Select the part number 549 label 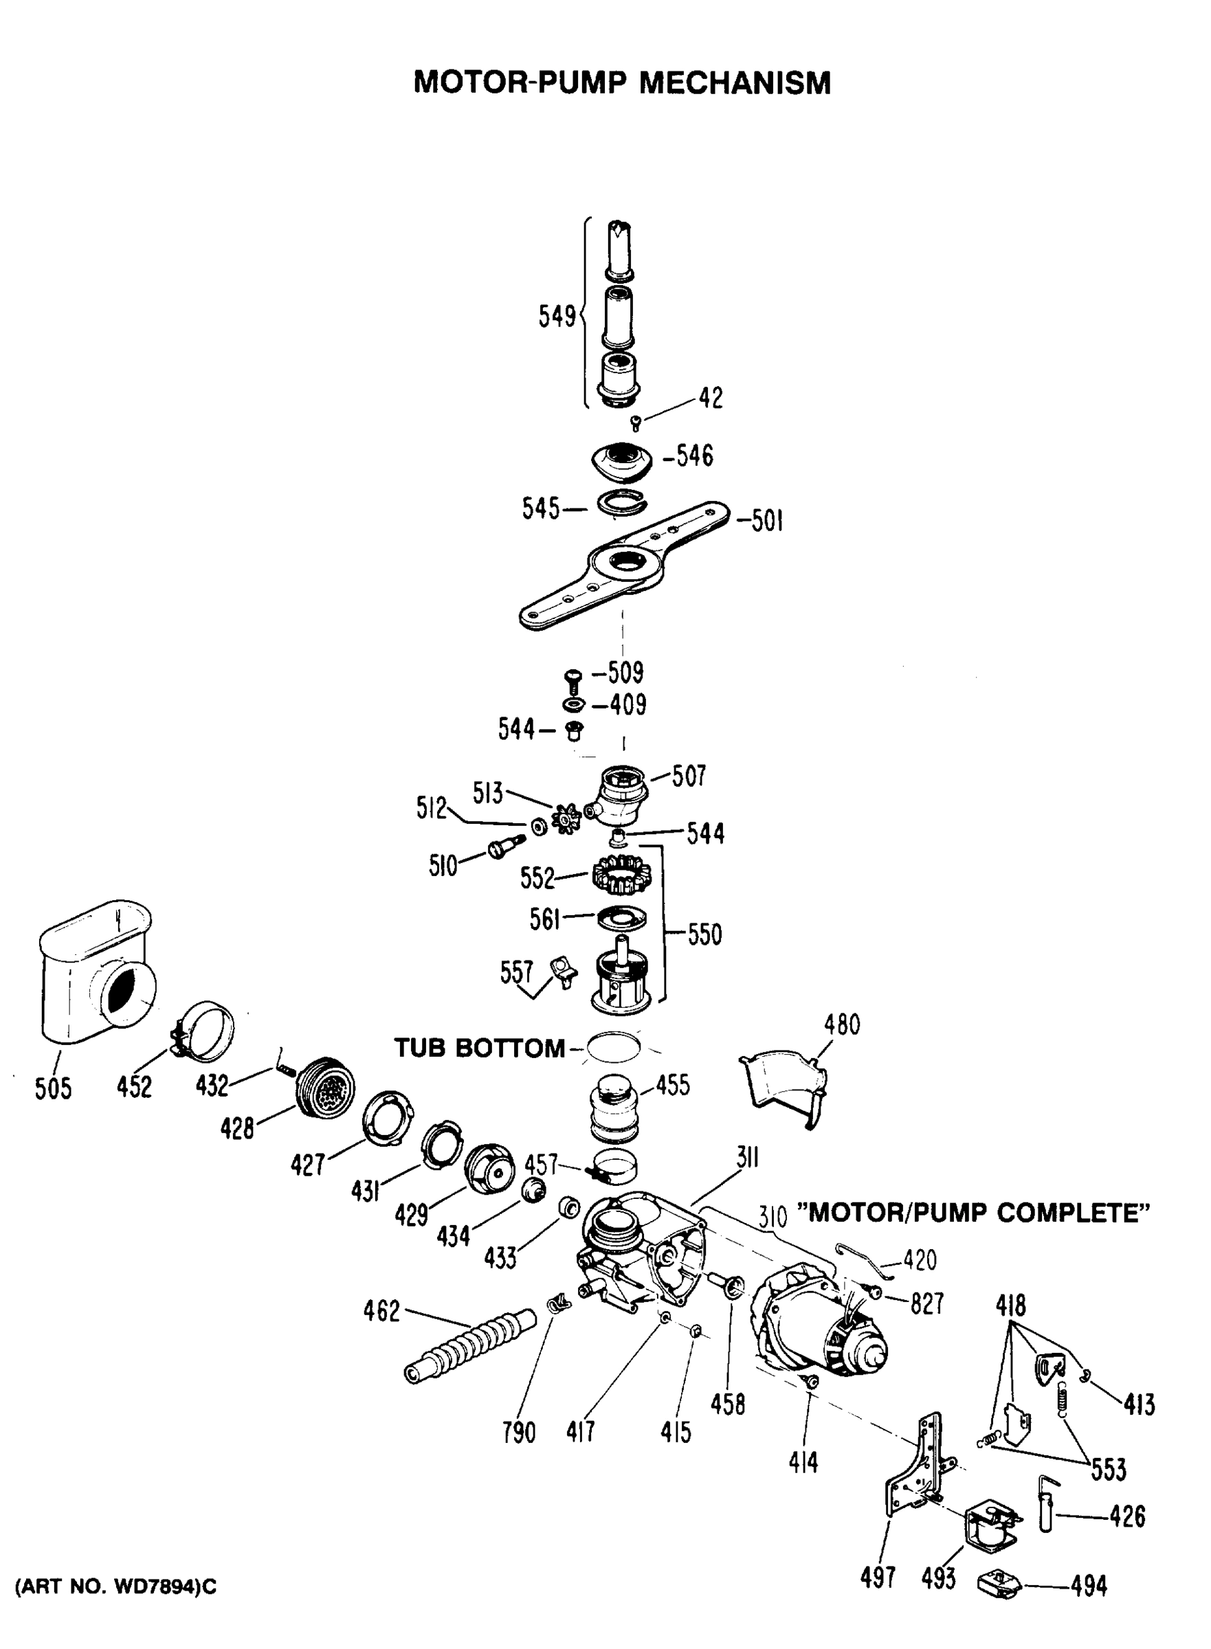point(557,317)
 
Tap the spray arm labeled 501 point(624,568)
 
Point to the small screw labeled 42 point(636,423)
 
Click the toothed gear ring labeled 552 point(621,877)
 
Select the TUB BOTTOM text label point(480,1048)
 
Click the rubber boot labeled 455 point(615,1108)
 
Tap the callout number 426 point(1127,1516)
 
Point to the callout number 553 point(1109,1469)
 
